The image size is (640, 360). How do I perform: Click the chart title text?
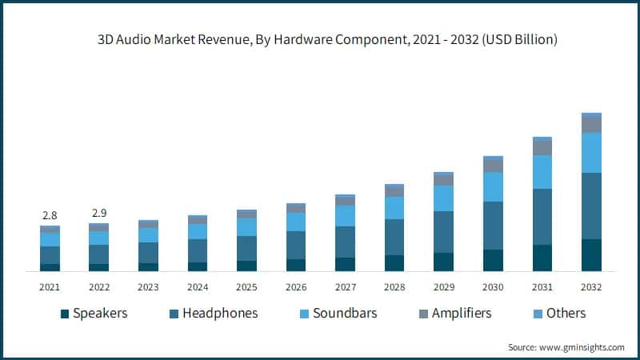tap(320, 38)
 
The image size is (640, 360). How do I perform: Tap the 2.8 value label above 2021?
tap(50, 215)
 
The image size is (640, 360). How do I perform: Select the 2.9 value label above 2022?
tap(98, 213)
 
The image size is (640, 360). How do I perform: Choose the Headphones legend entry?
tap(214, 314)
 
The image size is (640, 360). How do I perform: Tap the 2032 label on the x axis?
tap(591, 286)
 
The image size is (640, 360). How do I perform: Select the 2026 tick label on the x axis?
tap(296, 286)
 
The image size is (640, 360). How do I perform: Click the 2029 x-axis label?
tap(443, 286)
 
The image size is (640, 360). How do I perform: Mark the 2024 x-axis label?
tap(198, 286)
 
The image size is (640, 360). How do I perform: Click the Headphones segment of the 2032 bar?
tap(591, 206)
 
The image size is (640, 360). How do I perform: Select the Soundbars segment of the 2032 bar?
tap(591, 152)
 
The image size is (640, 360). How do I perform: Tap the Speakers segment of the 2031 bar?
tap(542, 258)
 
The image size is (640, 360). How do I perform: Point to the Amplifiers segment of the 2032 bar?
tap(591, 125)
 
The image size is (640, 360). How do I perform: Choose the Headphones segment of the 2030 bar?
tap(493, 226)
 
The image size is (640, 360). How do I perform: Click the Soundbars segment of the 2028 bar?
tap(394, 208)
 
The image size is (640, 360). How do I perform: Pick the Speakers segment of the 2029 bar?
tap(443, 262)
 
